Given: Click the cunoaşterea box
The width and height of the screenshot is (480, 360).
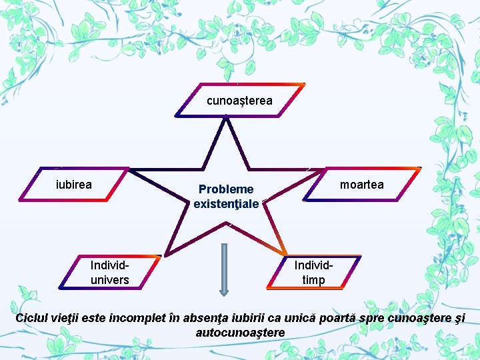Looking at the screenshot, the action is coord(240,100).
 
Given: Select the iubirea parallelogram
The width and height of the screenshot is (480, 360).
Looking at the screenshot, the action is coord(74,184).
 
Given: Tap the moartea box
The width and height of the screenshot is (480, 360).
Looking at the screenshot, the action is coord(362,184).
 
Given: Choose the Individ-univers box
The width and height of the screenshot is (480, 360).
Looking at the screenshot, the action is coord(110,272).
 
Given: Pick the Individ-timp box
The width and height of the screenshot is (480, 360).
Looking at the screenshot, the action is coord(314,272).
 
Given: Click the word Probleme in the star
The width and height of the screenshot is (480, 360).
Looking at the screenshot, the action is coord(226,189).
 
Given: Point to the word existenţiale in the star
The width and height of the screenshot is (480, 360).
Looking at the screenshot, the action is coord(226,204).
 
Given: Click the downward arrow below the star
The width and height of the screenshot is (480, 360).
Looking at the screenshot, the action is coord(224,270).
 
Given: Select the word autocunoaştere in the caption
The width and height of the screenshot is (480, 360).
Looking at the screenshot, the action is coord(240,333).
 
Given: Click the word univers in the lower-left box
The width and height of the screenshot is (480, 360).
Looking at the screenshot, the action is coord(110,280).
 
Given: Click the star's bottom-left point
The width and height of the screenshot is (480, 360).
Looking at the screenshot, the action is coord(165,255).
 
